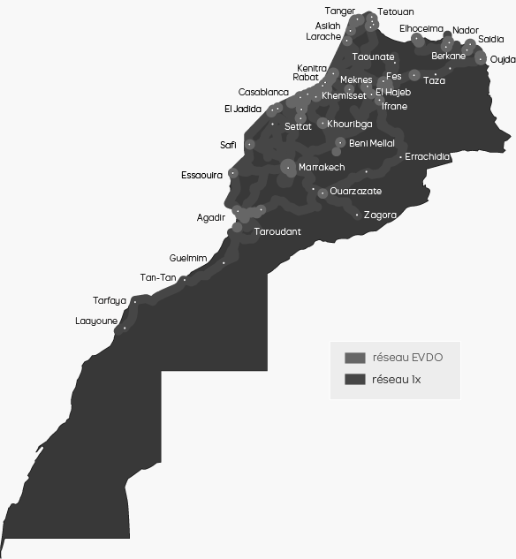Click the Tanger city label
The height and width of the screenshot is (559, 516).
click(340, 11)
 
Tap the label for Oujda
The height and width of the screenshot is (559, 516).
click(503, 59)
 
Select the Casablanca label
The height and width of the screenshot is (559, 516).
click(263, 92)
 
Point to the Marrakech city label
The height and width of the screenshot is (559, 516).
click(322, 167)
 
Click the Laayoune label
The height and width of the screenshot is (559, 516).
click(96, 321)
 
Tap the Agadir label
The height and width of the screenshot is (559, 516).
click(211, 217)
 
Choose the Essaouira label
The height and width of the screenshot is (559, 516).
click(201, 175)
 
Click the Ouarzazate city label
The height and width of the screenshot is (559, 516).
click(355, 191)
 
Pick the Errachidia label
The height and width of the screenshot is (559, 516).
click(427, 157)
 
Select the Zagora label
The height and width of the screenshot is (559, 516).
click(380, 215)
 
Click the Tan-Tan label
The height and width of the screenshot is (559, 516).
click(158, 277)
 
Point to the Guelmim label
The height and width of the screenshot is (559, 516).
click(187, 258)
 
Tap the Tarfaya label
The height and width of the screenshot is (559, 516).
click(110, 300)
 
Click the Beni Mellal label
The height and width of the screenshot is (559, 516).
click(372, 143)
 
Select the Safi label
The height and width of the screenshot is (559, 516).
click(228, 145)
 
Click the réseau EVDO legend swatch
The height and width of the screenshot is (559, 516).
click(354, 358)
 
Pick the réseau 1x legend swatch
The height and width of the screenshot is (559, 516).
click(354, 380)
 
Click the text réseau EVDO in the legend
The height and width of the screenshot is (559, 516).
click(407, 358)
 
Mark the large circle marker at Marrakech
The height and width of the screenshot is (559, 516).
click(288, 166)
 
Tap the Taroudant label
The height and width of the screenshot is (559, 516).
click(277, 231)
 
